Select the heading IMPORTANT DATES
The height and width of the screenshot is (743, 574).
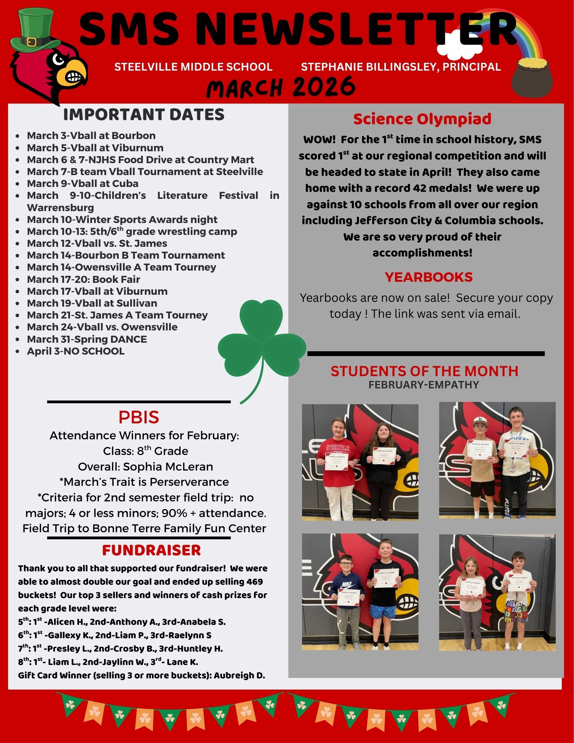coord(144,114)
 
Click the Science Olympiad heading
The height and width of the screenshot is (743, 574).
coord(422,119)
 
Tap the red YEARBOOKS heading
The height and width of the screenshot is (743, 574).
coord(428,277)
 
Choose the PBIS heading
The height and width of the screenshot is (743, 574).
coord(139,417)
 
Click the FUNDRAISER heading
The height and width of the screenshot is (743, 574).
coord(151,550)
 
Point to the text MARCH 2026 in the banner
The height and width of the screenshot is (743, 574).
coord(280,87)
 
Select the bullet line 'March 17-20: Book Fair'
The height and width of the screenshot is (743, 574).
coord(83,279)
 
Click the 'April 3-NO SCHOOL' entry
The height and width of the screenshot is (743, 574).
coord(75,351)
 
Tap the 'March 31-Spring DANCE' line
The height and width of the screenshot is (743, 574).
coord(87,339)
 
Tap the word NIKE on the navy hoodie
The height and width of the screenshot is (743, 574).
coord(347,585)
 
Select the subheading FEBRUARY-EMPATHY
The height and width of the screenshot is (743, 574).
coord(424,385)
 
